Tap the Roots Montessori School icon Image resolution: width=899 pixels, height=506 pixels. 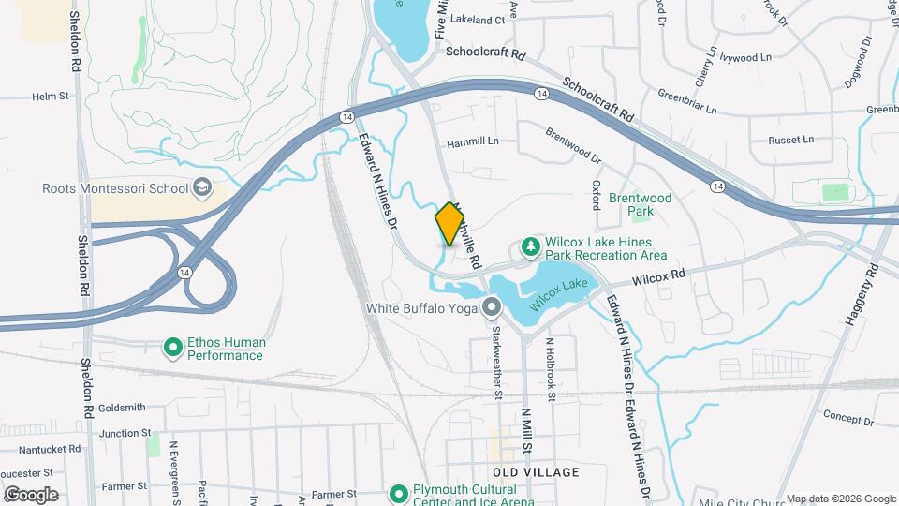pyautogui.click(x=201, y=188)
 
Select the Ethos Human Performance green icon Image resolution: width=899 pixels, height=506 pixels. pyautogui.click(x=172, y=349)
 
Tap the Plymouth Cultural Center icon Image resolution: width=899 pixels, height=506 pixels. pyautogui.click(x=399, y=493)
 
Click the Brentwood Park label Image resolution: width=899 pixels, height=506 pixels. pyautogui.click(x=641, y=205)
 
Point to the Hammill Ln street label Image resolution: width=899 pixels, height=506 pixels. pyautogui.click(x=473, y=142)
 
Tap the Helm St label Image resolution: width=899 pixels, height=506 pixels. pyautogui.click(x=51, y=96)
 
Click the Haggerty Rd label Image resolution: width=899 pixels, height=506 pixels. pyautogui.click(x=859, y=295)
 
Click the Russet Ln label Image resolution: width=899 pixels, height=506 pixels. pyautogui.click(x=791, y=140)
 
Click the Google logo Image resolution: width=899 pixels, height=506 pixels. pyautogui.click(x=31, y=495)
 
